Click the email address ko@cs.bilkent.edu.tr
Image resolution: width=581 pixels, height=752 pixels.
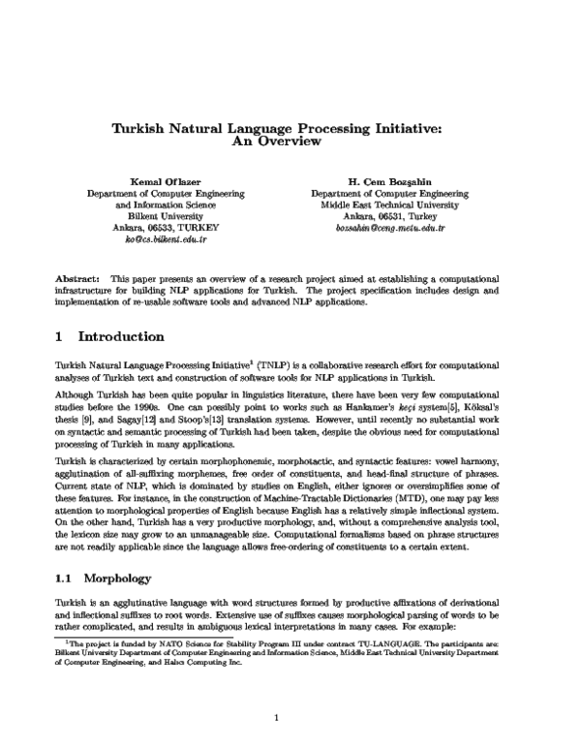[x=166, y=236]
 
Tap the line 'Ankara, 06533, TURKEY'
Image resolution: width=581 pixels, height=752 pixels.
[x=166, y=223]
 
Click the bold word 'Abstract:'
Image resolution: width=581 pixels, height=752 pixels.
[x=78, y=277]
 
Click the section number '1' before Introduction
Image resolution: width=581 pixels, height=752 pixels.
[x=60, y=337]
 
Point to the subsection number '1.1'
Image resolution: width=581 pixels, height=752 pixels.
[x=66, y=578]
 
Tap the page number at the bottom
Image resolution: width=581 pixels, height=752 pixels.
[x=276, y=718]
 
